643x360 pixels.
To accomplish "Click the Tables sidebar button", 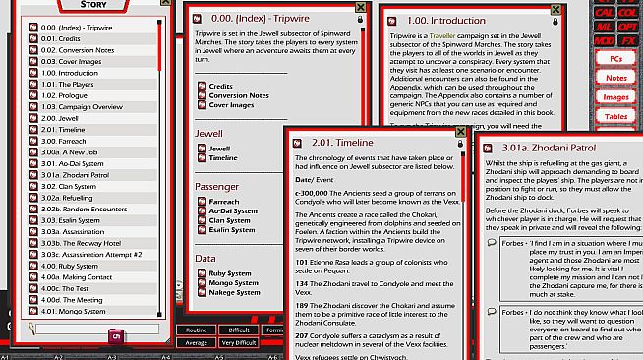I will (x=616, y=116).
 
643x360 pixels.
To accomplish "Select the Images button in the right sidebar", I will (x=615, y=96).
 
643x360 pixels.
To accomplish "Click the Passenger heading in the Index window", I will (x=218, y=186).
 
